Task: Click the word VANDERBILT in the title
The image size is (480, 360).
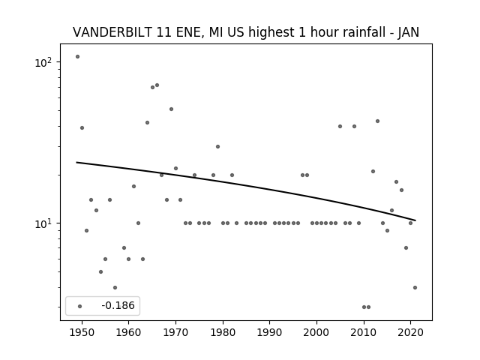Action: click(x=106, y=32)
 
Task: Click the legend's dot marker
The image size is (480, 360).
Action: click(x=79, y=306)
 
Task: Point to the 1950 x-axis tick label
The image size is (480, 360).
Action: click(x=82, y=331)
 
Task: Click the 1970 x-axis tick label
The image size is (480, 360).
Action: click(x=175, y=331)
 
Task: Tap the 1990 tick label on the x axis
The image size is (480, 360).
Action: click(x=270, y=331)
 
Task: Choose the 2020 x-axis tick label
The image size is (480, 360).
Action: click(x=411, y=331)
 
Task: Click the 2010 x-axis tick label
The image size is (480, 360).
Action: click(x=364, y=331)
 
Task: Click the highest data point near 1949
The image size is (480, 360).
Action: click(x=77, y=56)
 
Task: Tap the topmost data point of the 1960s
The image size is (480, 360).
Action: click(x=157, y=85)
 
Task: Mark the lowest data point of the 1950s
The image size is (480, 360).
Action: click(x=115, y=287)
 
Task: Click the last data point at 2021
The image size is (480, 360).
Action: click(x=415, y=287)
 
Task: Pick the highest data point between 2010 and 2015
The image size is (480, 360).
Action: click(x=377, y=121)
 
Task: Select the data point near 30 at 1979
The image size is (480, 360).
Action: click(x=217, y=146)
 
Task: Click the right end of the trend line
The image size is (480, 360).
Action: click(x=415, y=220)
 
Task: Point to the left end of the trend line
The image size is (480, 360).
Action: click(x=77, y=162)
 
